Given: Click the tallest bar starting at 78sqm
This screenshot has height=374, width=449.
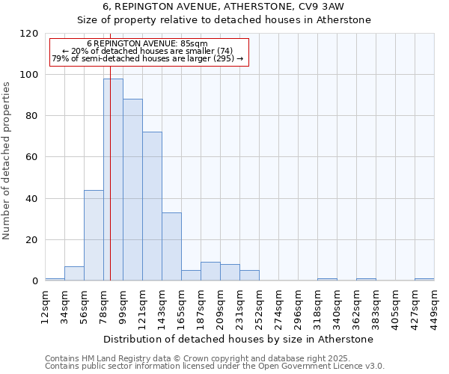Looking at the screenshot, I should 113,180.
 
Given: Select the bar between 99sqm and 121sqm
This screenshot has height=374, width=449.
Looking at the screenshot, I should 132,190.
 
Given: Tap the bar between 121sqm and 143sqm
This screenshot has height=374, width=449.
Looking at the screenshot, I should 152,206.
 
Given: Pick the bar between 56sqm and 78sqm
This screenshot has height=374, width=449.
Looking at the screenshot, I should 94,236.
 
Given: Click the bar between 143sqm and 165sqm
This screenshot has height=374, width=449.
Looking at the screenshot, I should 171,247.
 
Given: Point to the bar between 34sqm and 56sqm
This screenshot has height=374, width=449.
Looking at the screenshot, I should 74,274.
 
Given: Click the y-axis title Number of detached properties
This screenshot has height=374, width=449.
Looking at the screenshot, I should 7,161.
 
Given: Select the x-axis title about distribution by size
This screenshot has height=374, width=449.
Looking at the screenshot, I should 239,339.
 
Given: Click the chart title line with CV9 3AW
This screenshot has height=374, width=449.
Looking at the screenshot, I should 239,7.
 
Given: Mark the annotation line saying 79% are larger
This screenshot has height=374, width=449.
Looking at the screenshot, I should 147,58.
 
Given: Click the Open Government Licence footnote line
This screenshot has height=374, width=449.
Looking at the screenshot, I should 215,367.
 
